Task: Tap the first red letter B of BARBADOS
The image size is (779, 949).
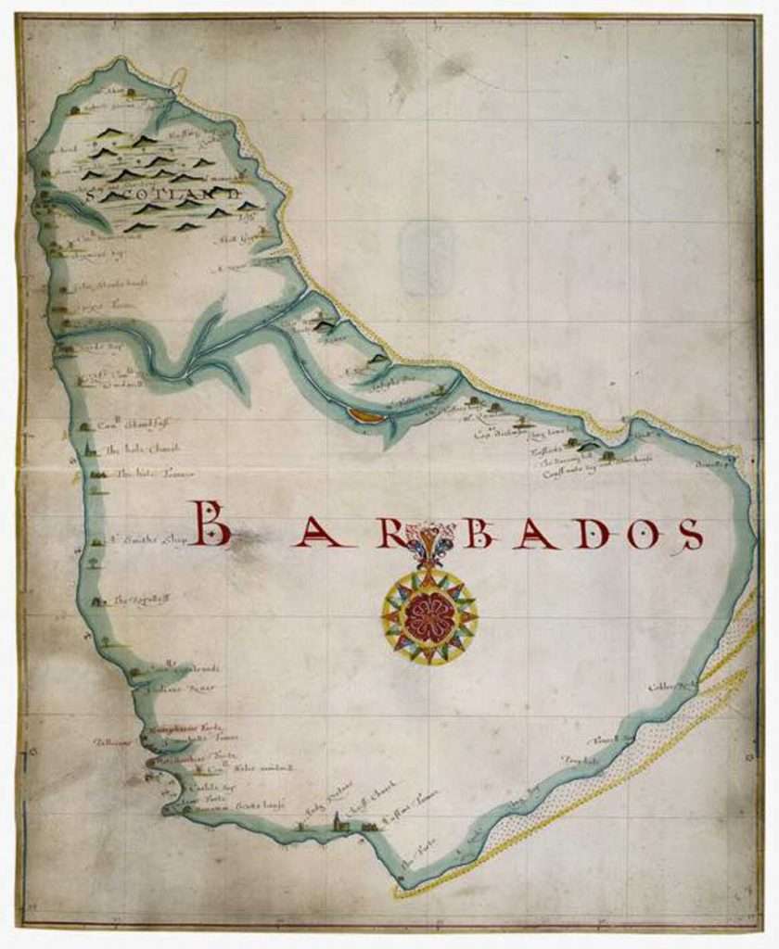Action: pyautogui.click(x=210, y=524)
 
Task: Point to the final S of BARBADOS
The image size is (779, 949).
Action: pyautogui.click(x=689, y=534)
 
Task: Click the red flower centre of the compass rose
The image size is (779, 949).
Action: pyautogui.click(x=429, y=616)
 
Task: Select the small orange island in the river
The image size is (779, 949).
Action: pyautogui.click(x=366, y=416)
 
